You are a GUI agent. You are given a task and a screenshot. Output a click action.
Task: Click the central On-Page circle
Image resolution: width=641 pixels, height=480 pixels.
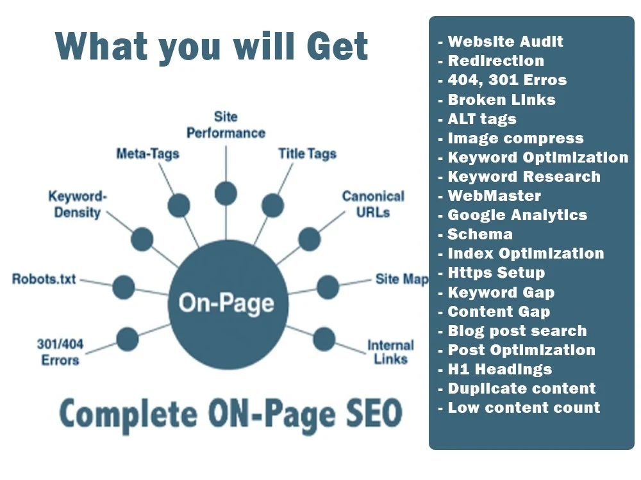(228, 304)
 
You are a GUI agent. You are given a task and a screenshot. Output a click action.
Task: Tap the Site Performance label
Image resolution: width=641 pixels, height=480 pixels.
(226, 125)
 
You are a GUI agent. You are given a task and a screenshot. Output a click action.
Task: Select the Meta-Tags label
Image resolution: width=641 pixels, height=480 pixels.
(148, 154)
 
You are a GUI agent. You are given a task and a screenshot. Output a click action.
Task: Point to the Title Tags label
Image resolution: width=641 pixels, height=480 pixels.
(308, 154)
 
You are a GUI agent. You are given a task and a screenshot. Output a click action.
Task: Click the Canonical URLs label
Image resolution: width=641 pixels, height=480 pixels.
(373, 204)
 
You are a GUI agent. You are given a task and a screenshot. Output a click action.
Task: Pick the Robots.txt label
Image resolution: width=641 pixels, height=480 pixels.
(44, 279)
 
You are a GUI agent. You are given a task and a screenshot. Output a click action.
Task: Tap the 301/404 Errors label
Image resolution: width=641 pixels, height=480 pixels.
(60, 352)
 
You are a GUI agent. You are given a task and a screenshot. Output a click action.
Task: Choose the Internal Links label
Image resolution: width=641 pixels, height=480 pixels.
(391, 352)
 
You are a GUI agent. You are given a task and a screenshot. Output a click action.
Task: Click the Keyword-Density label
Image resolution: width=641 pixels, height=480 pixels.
(78, 204)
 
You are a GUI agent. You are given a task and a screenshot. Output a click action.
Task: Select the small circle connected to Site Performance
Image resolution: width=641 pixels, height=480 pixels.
(226, 193)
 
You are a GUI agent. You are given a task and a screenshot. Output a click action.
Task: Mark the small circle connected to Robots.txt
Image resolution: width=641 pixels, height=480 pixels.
(124, 287)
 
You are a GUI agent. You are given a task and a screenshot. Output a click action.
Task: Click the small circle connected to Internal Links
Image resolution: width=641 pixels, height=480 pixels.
(324, 340)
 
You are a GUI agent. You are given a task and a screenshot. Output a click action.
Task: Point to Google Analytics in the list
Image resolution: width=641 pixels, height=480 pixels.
(517, 215)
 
